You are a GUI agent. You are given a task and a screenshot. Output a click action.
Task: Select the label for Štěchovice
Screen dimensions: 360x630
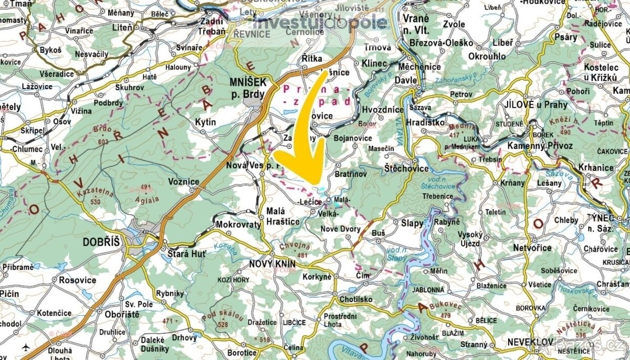pyautogui.click(x=407, y=168)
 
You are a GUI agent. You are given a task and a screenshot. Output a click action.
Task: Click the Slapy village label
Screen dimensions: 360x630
pyautogui.click(x=412, y=223)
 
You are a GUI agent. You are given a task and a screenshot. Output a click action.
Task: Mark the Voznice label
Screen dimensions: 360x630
pyautogui.click(x=184, y=182)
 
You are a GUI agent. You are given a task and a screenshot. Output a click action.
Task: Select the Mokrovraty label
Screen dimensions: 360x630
pyautogui.click(x=238, y=224)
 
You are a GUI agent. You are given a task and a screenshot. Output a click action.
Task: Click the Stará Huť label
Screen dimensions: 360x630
pyautogui.click(x=186, y=255)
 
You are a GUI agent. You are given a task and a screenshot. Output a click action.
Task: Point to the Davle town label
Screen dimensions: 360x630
pyautogui.click(x=406, y=81)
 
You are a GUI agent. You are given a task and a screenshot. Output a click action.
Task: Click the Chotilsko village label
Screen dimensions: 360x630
pyautogui.click(x=356, y=299)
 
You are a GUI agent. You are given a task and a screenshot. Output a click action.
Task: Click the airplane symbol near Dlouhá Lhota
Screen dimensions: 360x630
pyautogui.click(x=26, y=347)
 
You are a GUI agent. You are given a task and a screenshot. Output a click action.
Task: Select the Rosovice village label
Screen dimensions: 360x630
pyautogui.click(x=77, y=280)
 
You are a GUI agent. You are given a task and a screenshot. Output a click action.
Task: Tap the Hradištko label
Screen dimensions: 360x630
pyautogui.click(x=425, y=122)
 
